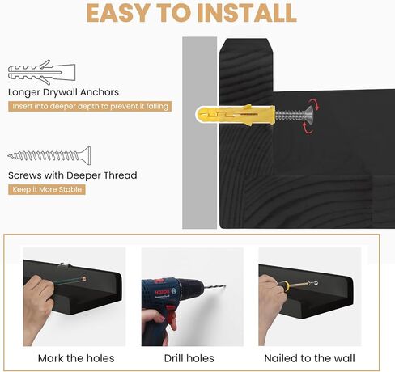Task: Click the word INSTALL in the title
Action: [x=247, y=13]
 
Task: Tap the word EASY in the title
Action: [x=119, y=13]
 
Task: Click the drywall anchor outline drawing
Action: [x=41, y=72]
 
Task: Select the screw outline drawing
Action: [x=49, y=155]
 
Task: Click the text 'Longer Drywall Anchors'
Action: [x=63, y=92]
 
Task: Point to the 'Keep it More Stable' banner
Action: [x=47, y=189]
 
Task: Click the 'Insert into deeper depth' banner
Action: [x=90, y=106]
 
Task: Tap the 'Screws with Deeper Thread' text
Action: [x=73, y=175]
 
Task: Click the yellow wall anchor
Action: [x=236, y=115]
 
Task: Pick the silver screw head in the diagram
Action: [x=309, y=115]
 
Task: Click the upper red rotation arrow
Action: [x=314, y=104]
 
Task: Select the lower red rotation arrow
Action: [x=308, y=128]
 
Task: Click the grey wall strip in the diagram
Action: [x=199, y=133]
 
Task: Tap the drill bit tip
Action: [x=224, y=285]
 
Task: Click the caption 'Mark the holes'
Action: [x=76, y=358]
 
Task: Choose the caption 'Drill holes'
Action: [x=189, y=358]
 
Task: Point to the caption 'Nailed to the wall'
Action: [x=309, y=358]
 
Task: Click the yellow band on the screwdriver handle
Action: [x=287, y=285]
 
